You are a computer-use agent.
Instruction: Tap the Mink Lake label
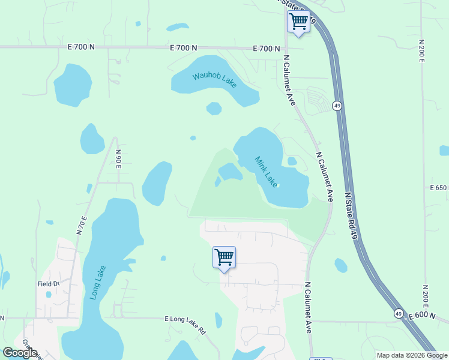pos(267,172)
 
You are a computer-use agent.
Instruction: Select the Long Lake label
pos(96,282)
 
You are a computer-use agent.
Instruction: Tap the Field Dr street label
pos(49,284)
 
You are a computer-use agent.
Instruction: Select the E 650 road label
pos(439,188)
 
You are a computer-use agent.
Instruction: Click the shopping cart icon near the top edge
pos(298,22)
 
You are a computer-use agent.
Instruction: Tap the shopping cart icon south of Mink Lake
pos(224,257)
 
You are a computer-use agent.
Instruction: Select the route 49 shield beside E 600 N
pos(399,313)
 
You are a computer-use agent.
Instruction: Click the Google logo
pos(20,353)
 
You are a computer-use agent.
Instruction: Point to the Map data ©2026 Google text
pos(411,355)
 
